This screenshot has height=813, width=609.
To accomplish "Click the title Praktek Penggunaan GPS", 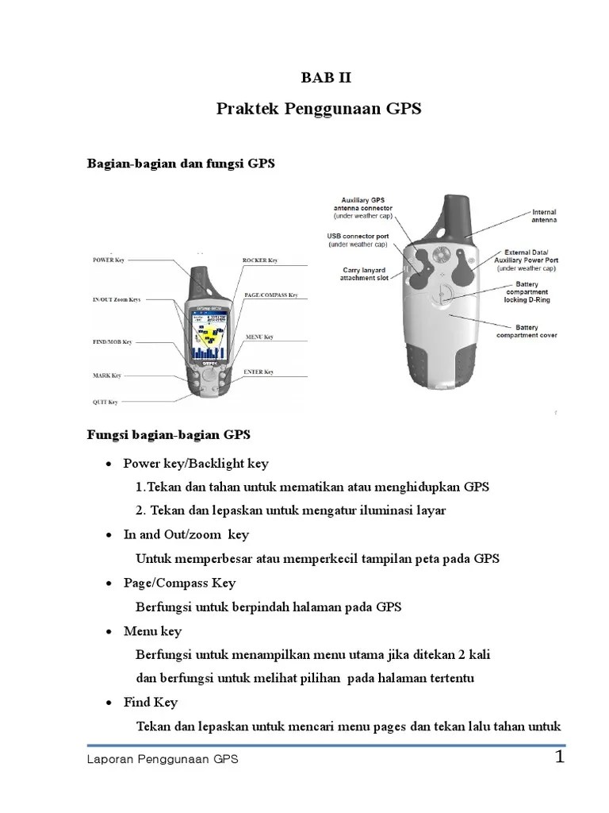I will pyautogui.click(x=318, y=110).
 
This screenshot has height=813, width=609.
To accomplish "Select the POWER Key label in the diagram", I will pyautogui.click(x=109, y=260).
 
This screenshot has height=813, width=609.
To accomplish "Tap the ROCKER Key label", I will pyautogui.click(x=259, y=260).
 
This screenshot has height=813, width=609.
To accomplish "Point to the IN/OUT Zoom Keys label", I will pyautogui.click(x=116, y=299).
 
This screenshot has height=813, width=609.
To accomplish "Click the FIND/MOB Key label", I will pyautogui.click(x=112, y=341).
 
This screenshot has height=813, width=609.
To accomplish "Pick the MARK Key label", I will pyautogui.click(x=107, y=375).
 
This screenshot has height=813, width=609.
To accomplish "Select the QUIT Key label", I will pyautogui.click(x=105, y=402).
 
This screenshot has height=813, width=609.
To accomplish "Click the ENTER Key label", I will pyautogui.click(x=259, y=372).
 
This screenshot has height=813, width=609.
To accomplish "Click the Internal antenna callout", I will pyautogui.click(x=543, y=216).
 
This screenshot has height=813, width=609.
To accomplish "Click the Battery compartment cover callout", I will pyautogui.click(x=527, y=331).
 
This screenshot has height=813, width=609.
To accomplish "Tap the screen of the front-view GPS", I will pyautogui.click(x=208, y=333).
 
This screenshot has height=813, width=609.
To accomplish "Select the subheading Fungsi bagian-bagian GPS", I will pyautogui.click(x=167, y=434).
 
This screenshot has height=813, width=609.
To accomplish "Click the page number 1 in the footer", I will pyautogui.click(x=559, y=757).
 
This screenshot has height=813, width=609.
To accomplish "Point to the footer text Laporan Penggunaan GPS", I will pyautogui.click(x=163, y=760).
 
